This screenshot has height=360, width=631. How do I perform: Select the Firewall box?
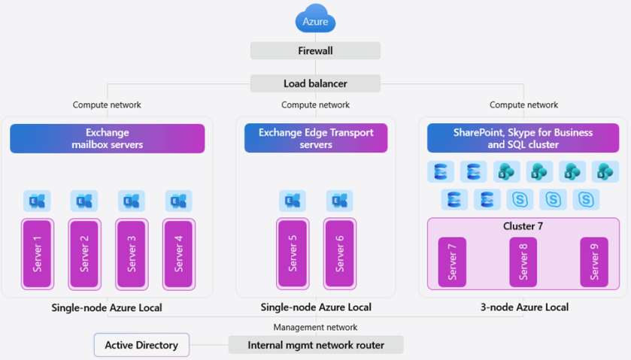(x=315, y=51)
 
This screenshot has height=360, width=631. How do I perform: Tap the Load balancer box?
(x=315, y=83)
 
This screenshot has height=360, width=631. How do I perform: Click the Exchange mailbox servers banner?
(x=107, y=138)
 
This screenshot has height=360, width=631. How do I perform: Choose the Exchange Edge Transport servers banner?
(x=316, y=138)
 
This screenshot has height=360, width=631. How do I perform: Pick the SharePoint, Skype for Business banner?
(x=523, y=138)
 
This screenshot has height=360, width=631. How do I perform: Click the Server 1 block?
(x=37, y=253)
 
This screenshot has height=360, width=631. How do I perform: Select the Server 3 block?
(x=132, y=253)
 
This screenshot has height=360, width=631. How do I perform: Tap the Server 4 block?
(x=179, y=253)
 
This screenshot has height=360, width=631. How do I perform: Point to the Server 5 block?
(x=293, y=253)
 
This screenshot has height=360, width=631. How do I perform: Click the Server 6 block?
(x=340, y=253)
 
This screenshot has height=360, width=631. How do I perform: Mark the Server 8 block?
(x=523, y=262)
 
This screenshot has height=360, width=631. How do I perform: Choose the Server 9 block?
(x=594, y=262)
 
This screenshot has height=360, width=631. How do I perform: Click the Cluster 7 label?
(x=523, y=226)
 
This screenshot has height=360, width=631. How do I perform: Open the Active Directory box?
(x=141, y=345)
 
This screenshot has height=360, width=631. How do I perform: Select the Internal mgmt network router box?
(x=316, y=345)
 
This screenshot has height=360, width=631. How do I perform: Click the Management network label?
(x=315, y=327)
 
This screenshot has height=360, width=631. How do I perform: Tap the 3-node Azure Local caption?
(x=524, y=307)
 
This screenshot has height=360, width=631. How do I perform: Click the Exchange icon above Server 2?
(x=84, y=201)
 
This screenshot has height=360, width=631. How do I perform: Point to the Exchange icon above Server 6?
(x=340, y=201)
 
